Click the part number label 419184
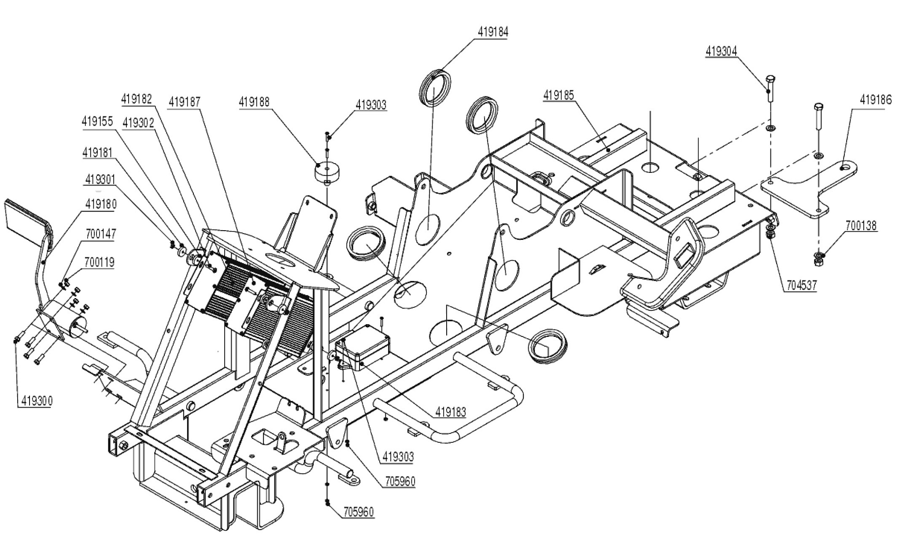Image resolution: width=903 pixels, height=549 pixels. pyautogui.click(x=493, y=32)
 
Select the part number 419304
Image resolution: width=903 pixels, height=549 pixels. pyautogui.click(x=721, y=51)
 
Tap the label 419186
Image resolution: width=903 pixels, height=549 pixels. pyautogui.click(x=876, y=100)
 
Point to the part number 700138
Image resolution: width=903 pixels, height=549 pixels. pyautogui.click(x=861, y=226)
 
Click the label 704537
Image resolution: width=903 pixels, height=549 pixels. pyautogui.click(x=801, y=286)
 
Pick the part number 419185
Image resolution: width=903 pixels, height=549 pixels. pyautogui.click(x=559, y=95)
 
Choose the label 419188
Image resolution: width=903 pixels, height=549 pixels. pyautogui.click(x=254, y=102)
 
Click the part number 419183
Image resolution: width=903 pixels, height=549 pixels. pyautogui.click(x=451, y=412)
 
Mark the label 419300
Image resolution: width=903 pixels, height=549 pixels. pyautogui.click(x=35, y=401)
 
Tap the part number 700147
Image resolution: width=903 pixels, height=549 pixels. pyautogui.click(x=100, y=234)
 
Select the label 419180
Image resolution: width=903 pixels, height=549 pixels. pyautogui.click(x=101, y=204)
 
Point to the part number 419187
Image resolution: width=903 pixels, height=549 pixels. pyautogui.click(x=185, y=102)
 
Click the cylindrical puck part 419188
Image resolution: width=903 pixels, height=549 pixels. pyautogui.click(x=328, y=172)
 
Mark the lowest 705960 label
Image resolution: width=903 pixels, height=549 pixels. pyautogui.click(x=358, y=512)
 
